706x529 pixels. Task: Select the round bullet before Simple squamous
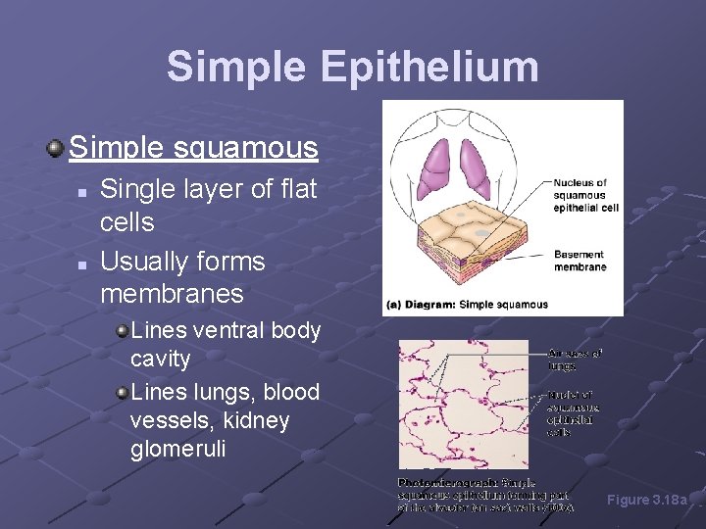pos(55,149)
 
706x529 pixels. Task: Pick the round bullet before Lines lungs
pos(122,393)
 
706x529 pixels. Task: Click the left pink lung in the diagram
pos(436,167)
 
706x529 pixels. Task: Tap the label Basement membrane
pos(580,259)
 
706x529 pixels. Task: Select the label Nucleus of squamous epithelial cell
pos(585,195)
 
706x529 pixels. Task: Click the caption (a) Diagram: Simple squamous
pos(467,305)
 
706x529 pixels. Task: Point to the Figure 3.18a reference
pos(647,500)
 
